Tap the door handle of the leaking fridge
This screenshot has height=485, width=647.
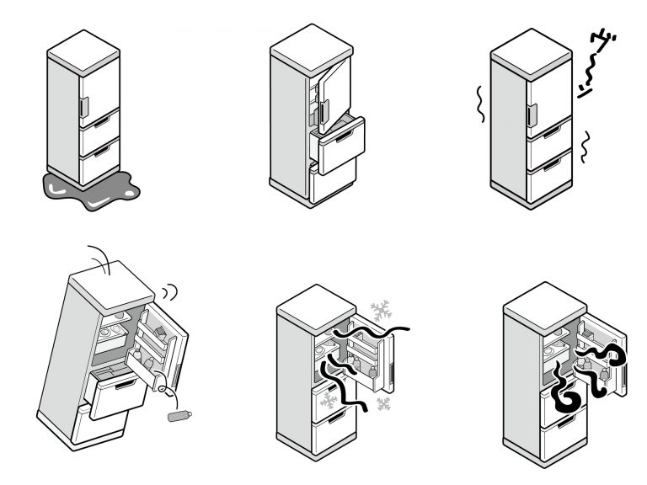pos(83,107)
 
